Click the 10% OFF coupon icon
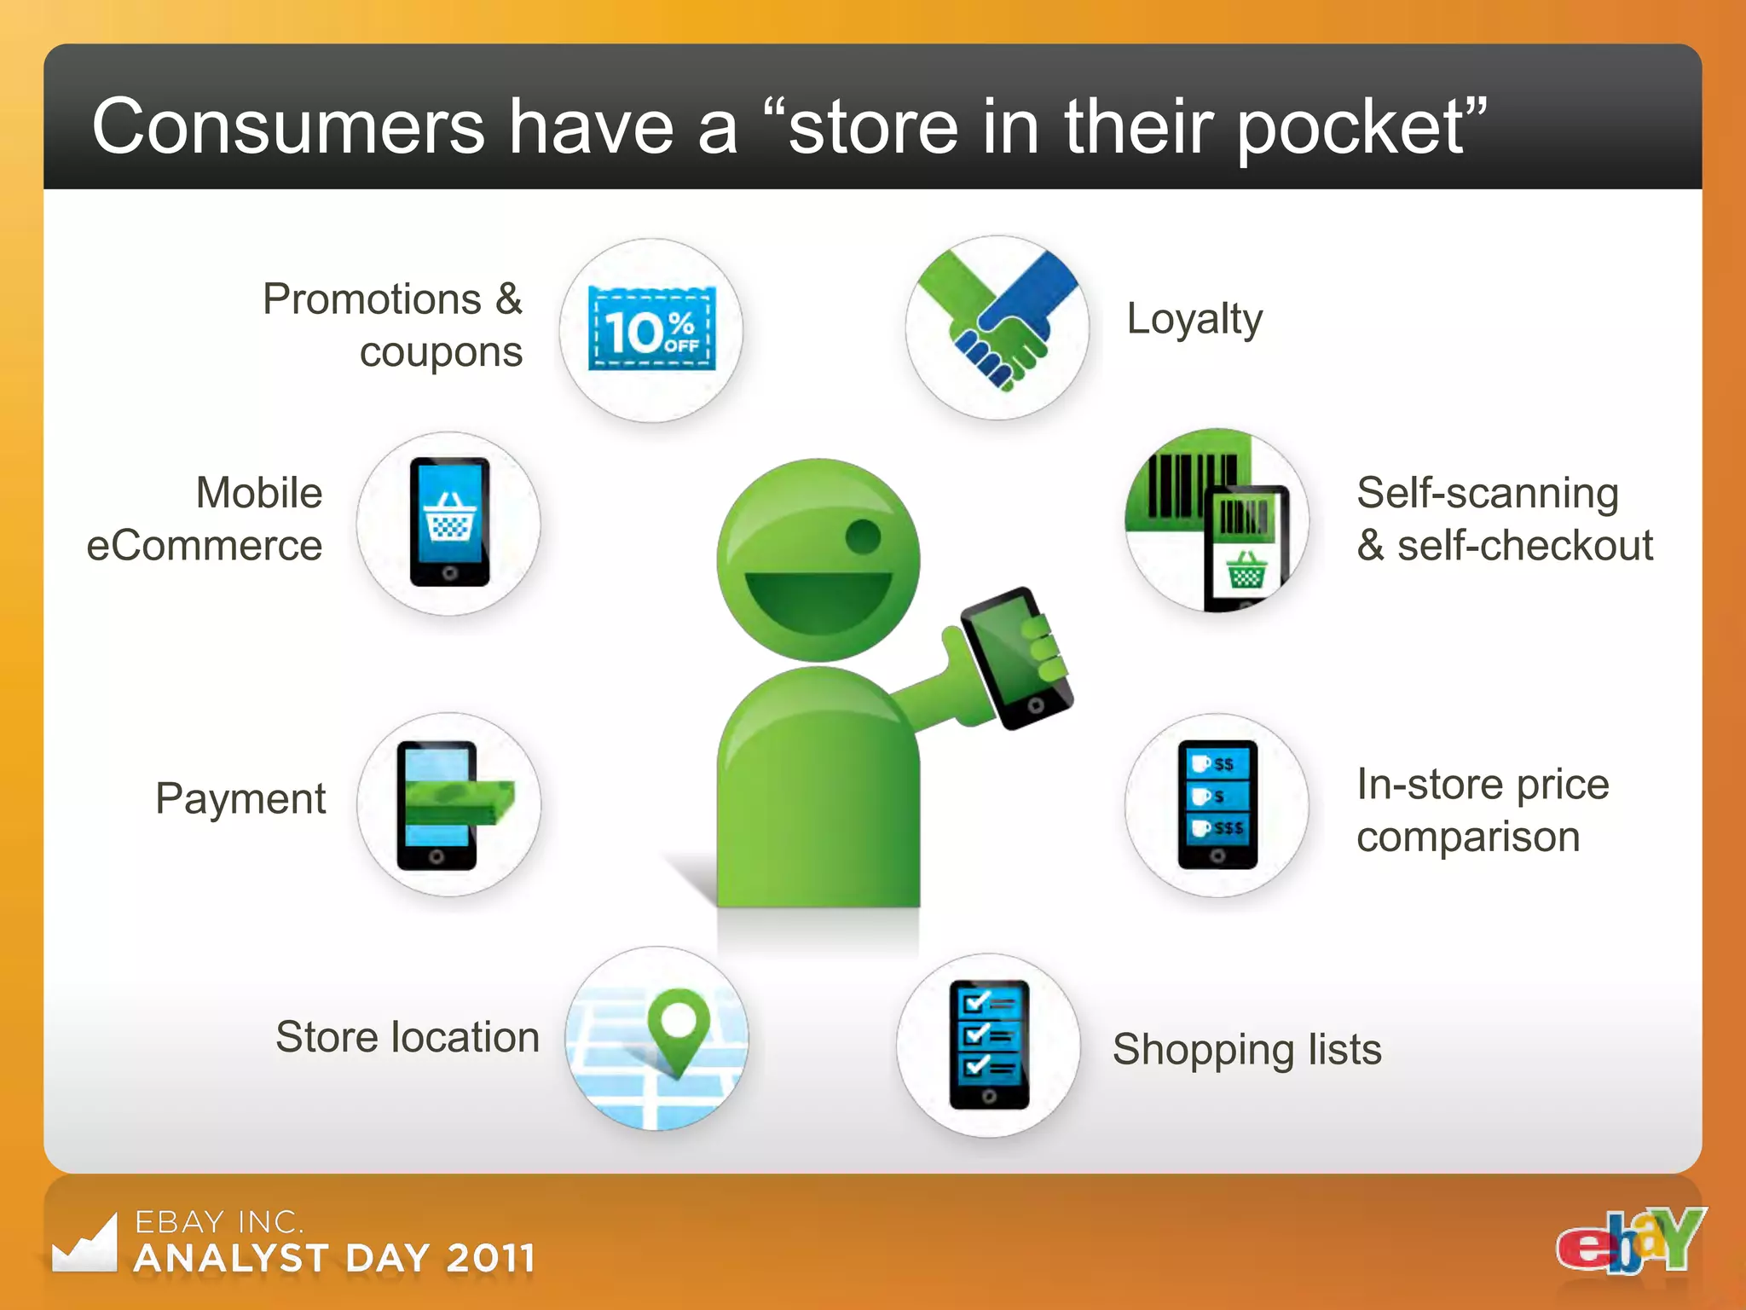point(651,329)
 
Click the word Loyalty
point(1194,320)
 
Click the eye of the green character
point(863,536)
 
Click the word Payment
point(240,799)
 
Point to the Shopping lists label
point(1246,1049)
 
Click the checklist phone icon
point(989,1044)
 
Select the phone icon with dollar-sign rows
point(1217,804)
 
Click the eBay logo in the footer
point(1630,1241)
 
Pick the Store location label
point(408,1037)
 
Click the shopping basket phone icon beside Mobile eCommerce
point(449,522)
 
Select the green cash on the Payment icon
point(460,802)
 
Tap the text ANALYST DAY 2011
point(335,1259)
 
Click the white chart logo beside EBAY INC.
point(84,1244)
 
